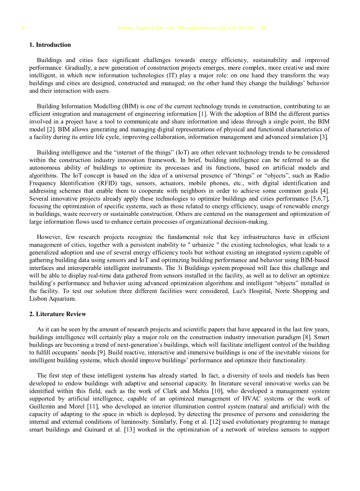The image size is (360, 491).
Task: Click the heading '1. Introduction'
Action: [50, 45]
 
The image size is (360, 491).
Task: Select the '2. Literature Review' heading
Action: [57, 314]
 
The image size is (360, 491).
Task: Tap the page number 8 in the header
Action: [23, 28]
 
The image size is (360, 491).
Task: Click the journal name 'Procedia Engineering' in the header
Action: [200, 28]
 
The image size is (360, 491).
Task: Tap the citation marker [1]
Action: [203, 114]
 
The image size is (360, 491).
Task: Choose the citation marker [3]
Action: [324, 137]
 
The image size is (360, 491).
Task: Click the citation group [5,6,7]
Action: [319, 199]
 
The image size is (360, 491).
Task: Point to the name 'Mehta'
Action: [195, 391]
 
